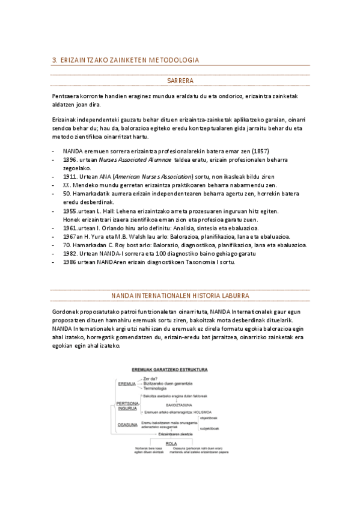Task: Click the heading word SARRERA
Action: tap(180, 80)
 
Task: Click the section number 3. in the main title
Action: tap(55, 60)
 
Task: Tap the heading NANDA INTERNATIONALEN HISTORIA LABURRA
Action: tap(180, 296)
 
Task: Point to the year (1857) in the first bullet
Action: tap(260, 150)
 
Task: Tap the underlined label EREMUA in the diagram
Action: tap(127, 383)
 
